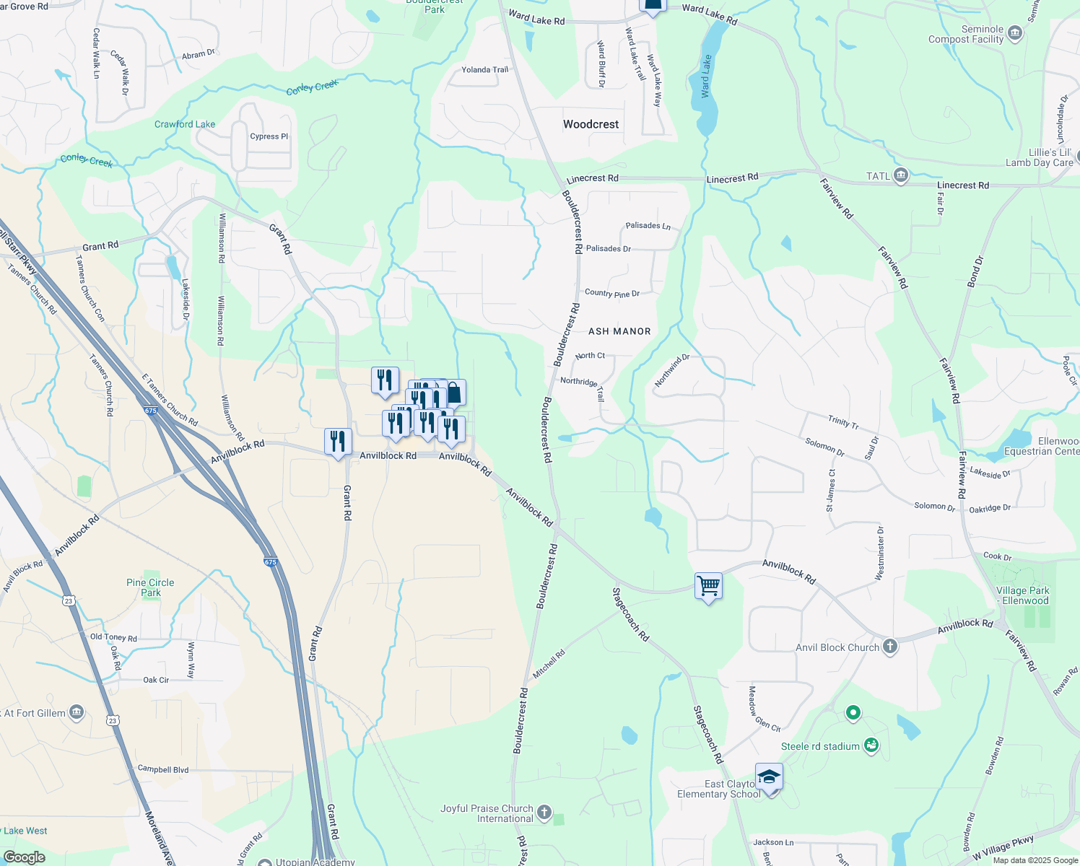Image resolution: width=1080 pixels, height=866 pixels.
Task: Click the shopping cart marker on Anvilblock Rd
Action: pyautogui.click(x=708, y=586)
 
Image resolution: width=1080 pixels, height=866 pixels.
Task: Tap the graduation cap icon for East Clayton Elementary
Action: pyautogui.click(x=769, y=777)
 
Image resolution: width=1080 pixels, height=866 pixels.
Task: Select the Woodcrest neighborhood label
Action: pyautogui.click(x=591, y=124)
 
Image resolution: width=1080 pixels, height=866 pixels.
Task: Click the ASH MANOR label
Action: pyautogui.click(x=619, y=331)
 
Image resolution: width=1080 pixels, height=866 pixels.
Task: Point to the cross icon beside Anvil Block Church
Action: pyautogui.click(x=890, y=647)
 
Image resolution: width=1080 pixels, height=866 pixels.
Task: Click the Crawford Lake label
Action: pyautogui.click(x=185, y=124)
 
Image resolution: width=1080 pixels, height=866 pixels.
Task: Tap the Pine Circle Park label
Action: pyautogui.click(x=150, y=587)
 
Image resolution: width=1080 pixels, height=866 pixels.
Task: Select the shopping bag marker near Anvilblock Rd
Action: pyautogui.click(x=453, y=393)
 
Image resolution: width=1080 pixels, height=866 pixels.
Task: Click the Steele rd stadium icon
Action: pyautogui.click(x=871, y=745)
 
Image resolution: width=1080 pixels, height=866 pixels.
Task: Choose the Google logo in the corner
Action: pyautogui.click(x=24, y=857)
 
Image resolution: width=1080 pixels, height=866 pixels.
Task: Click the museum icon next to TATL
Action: pyautogui.click(x=900, y=175)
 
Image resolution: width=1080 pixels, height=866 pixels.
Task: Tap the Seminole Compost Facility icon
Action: pyautogui.click(x=1014, y=33)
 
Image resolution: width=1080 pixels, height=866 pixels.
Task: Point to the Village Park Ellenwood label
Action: pyautogui.click(x=1024, y=595)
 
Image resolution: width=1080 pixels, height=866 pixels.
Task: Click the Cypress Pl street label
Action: pyautogui.click(x=269, y=136)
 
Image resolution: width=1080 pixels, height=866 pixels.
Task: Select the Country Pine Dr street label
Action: pyautogui.click(x=612, y=293)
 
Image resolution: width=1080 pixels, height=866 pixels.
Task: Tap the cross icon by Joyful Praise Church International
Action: pyautogui.click(x=544, y=813)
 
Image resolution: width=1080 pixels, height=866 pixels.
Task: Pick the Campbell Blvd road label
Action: pyautogui.click(x=162, y=769)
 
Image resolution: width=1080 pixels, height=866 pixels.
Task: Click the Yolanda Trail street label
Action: pyautogui.click(x=484, y=70)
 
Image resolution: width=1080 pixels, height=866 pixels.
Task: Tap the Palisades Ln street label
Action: pyautogui.click(x=648, y=226)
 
